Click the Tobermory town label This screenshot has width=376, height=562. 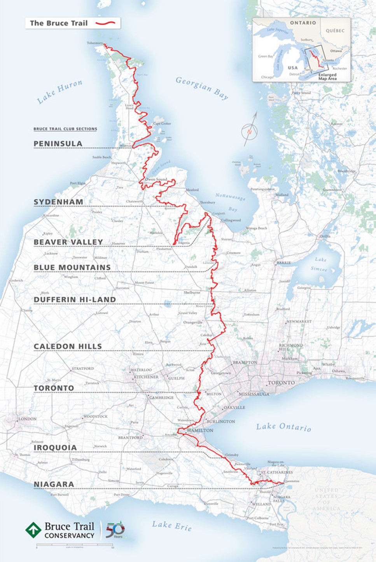tap(94, 43)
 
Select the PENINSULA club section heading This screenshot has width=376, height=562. tap(58, 144)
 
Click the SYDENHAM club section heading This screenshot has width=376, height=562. tap(58, 202)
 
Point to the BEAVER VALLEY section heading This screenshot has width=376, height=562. tap(68, 242)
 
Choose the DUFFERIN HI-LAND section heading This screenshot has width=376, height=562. tap(75, 299)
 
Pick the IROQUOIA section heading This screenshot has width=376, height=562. tap(55, 448)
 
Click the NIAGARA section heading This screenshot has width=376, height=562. tap(54, 484)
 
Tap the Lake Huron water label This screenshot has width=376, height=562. tap(59, 92)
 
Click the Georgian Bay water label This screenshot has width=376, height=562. tap(202, 88)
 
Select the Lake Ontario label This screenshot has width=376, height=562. tap(283, 427)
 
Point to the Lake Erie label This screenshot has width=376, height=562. tap(171, 525)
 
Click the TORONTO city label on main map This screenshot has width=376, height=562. tap(282, 383)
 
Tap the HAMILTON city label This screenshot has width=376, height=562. tap(200, 431)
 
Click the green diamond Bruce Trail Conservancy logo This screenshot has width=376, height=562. tap(33, 530)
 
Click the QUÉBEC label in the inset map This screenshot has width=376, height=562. tap(335, 30)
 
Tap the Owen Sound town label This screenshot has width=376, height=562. tap(156, 179)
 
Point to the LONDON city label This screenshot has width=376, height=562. tap(27, 419)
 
